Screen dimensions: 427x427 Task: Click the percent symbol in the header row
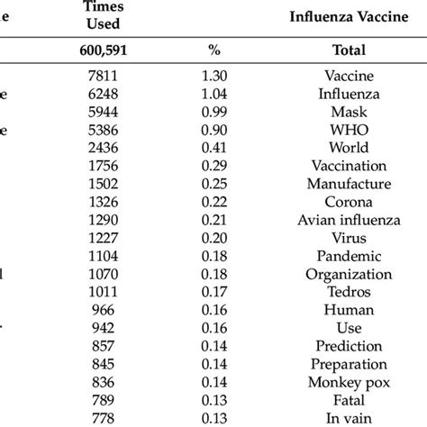pyautogui.click(x=213, y=51)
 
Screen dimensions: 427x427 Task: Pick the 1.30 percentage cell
pyautogui.click(x=213, y=77)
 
